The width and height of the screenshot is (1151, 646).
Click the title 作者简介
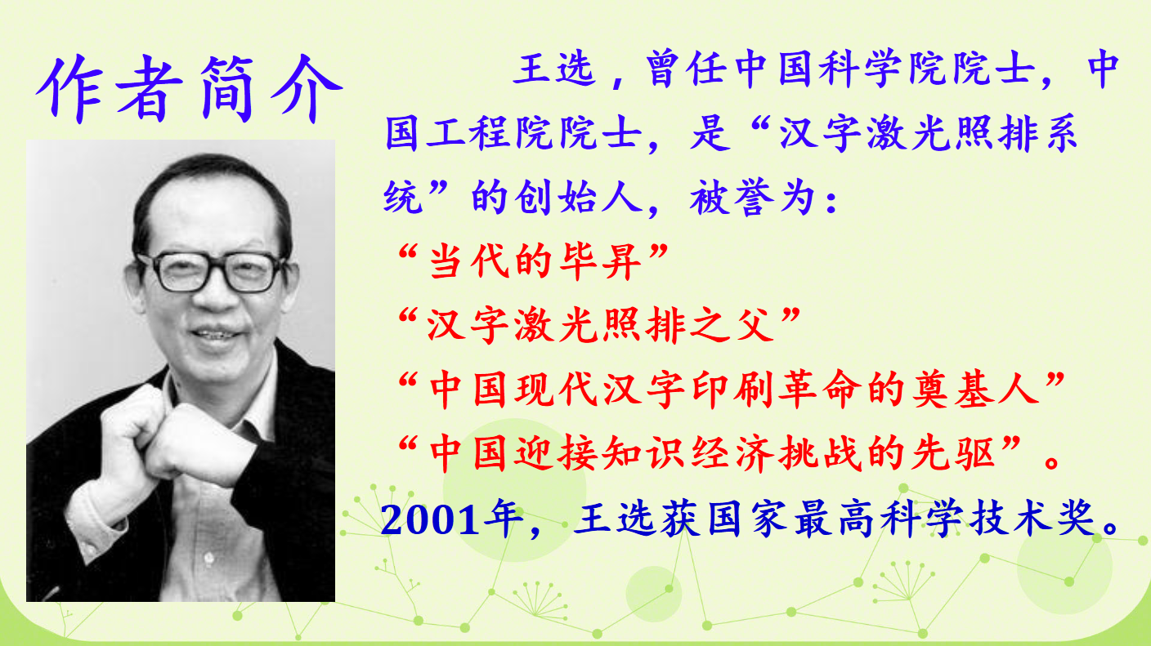189,88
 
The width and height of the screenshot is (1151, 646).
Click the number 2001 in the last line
429,519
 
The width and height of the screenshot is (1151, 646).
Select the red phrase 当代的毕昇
535,261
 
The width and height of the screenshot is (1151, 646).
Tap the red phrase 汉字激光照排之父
600,325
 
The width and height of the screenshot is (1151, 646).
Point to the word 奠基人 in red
976,390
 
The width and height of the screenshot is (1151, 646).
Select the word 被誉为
752,197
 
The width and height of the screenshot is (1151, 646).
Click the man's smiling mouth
216,334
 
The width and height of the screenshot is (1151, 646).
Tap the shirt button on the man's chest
208,558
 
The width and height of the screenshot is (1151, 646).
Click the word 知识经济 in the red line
687,453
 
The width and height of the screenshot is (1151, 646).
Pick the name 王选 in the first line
555,69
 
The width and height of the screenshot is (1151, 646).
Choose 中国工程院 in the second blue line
491,133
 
